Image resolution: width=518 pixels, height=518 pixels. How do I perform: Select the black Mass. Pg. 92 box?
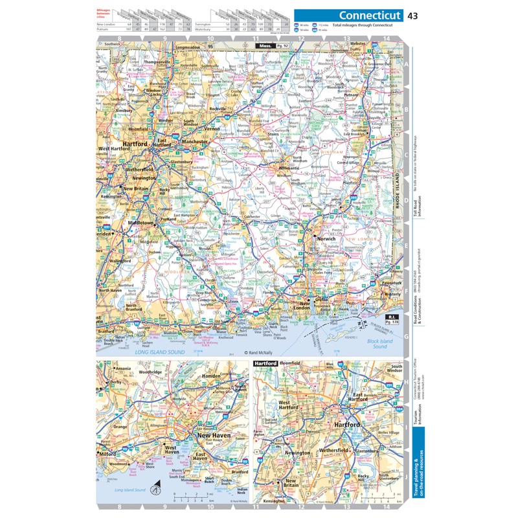[272, 47]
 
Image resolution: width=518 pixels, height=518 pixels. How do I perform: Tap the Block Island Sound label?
[370, 344]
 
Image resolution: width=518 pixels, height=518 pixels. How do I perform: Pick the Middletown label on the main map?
[141, 222]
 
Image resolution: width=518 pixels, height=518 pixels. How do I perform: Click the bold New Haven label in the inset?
[214, 435]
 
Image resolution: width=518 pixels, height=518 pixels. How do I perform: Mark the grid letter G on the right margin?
[406, 337]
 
